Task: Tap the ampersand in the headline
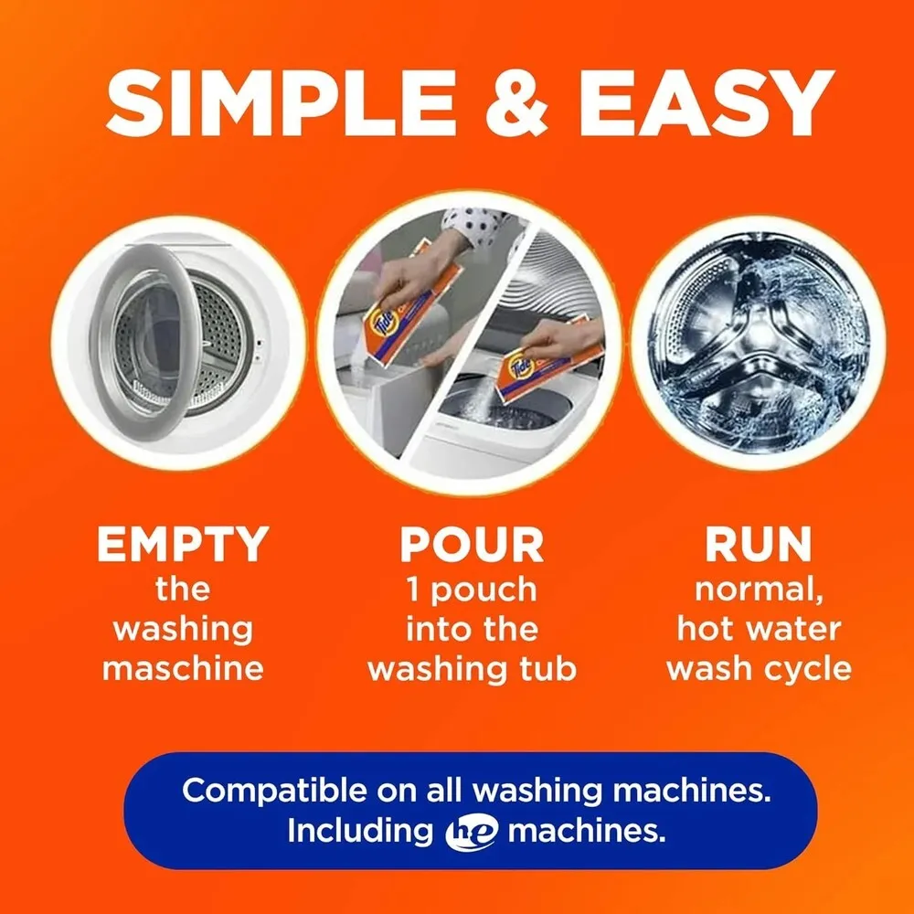pos(516,103)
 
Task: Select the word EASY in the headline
pos(706,103)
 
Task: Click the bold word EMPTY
pos(183,544)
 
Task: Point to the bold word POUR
pos(472,544)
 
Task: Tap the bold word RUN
pos(758,544)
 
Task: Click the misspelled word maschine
pos(183,668)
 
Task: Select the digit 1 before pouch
pos(413,590)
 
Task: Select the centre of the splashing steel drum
pos(759,343)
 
